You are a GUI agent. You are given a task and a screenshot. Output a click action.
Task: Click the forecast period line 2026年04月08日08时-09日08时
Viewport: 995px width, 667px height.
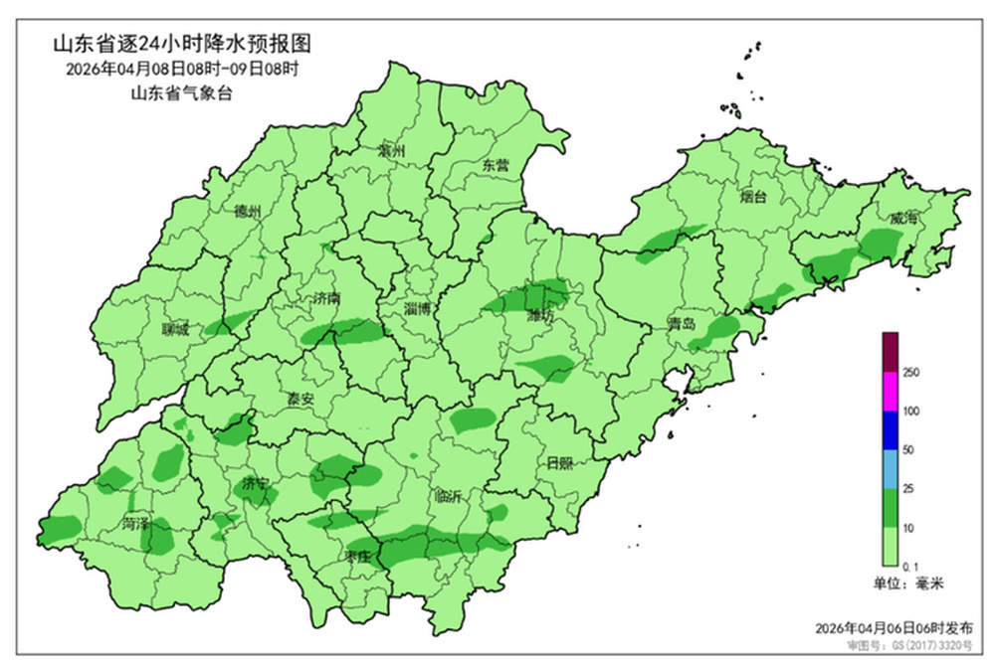point(182,70)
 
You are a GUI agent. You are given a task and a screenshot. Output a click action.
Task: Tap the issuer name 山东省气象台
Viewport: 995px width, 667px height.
point(181,93)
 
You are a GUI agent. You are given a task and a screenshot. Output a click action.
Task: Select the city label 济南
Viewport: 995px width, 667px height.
point(325,297)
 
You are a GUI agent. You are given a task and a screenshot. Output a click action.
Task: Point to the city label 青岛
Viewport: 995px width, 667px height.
point(682,325)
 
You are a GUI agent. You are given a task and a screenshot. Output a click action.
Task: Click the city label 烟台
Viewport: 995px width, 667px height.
point(754,197)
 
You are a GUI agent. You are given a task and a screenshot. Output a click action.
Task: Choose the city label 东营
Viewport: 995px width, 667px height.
point(495,165)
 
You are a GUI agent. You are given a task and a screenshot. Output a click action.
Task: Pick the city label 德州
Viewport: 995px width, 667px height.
point(247,212)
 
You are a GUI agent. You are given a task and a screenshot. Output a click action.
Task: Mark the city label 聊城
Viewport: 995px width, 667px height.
point(175,330)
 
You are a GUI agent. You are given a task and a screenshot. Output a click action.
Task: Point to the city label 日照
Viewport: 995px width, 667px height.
point(560,462)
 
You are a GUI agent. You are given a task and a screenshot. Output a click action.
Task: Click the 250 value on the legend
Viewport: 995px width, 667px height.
point(909,372)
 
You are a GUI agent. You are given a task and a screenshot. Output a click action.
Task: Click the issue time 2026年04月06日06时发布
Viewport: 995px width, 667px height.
point(894,627)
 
